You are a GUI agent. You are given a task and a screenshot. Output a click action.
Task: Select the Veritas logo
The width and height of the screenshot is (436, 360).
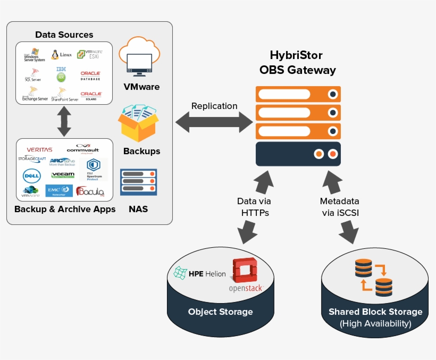pos(39,149)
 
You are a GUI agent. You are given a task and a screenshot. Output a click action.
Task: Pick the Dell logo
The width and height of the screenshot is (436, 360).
pos(32,175)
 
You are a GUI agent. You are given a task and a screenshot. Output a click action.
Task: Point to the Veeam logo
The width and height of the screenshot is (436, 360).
pos(63,174)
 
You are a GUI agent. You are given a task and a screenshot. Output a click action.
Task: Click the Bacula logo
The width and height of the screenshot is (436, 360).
pos(90,191)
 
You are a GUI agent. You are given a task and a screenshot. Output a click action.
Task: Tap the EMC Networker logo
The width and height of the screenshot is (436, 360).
pos(59,190)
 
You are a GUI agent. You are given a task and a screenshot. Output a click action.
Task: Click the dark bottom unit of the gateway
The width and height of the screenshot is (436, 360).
pos(298,154)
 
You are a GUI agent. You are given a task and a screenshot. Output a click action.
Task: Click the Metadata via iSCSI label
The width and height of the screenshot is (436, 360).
pos(339,207)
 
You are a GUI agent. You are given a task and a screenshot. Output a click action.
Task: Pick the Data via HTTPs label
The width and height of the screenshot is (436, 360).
pos(254,207)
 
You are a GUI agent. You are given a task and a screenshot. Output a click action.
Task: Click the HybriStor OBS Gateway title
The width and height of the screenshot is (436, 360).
pos(297,62)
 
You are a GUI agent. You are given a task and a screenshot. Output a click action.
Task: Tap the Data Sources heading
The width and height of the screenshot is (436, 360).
pos(64,35)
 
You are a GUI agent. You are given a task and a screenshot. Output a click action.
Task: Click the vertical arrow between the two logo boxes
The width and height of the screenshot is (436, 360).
pos(64,121)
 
